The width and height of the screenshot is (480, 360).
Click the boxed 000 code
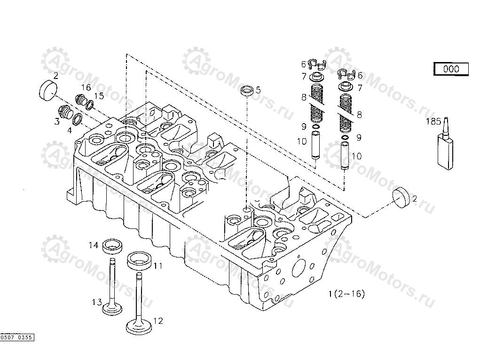tap(451, 69)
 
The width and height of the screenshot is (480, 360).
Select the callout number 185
tap(433, 122)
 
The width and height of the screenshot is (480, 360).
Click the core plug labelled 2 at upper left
tap(47, 89)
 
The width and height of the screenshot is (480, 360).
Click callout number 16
tap(86, 87)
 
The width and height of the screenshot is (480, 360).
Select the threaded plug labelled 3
tap(64, 113)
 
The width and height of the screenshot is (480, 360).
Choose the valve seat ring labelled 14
tap(112, 245)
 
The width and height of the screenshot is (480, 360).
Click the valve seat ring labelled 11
tap(139, 259)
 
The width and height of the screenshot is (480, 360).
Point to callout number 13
tap(96, 302)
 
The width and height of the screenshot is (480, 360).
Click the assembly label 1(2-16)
tap(346, 294)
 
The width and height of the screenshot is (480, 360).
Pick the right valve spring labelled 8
tap(346, 113)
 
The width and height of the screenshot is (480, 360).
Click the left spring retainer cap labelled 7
tap(319, 76)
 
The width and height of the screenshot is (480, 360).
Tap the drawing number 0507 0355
tap(16, 337)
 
